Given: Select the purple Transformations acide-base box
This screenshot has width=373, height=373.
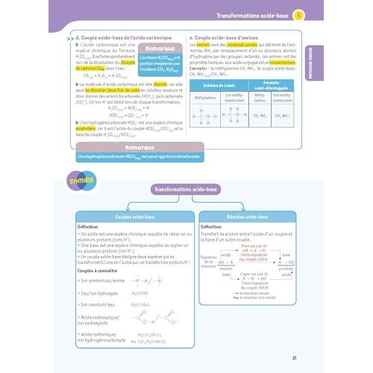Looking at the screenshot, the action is coord(186,190).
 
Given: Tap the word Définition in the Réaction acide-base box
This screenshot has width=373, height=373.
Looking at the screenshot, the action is coord(216,226).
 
